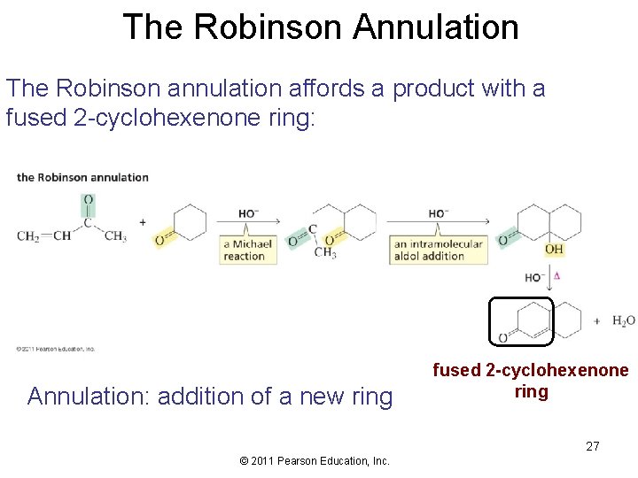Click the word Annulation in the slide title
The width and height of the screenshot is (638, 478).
pos(435,27)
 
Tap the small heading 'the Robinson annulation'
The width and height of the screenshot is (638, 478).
pos(82,177)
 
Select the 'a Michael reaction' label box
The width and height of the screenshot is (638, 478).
pos(248,251)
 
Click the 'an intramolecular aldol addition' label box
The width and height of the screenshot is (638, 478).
pos(440,251)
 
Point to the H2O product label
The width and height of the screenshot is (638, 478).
pos(624,320)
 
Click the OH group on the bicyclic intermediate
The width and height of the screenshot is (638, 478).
pos(554,250)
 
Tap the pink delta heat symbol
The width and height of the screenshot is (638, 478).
pos(556,276)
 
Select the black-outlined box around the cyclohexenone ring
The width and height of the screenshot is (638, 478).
pos(521,320)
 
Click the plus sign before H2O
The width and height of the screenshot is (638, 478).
pos(597,320)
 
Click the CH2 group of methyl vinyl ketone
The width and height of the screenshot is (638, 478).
pos(29,236)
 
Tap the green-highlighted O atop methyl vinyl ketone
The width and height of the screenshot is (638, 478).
pos(88,200)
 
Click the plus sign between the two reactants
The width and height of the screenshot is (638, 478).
pos(142,221)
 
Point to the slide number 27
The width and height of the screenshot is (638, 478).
pos(592,446)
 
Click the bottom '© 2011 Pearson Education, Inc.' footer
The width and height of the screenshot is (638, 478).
pos(315,460)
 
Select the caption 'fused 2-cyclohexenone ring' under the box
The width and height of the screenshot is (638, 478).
pos(531,381)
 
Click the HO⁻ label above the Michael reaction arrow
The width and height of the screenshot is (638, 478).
pos(248,213)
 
